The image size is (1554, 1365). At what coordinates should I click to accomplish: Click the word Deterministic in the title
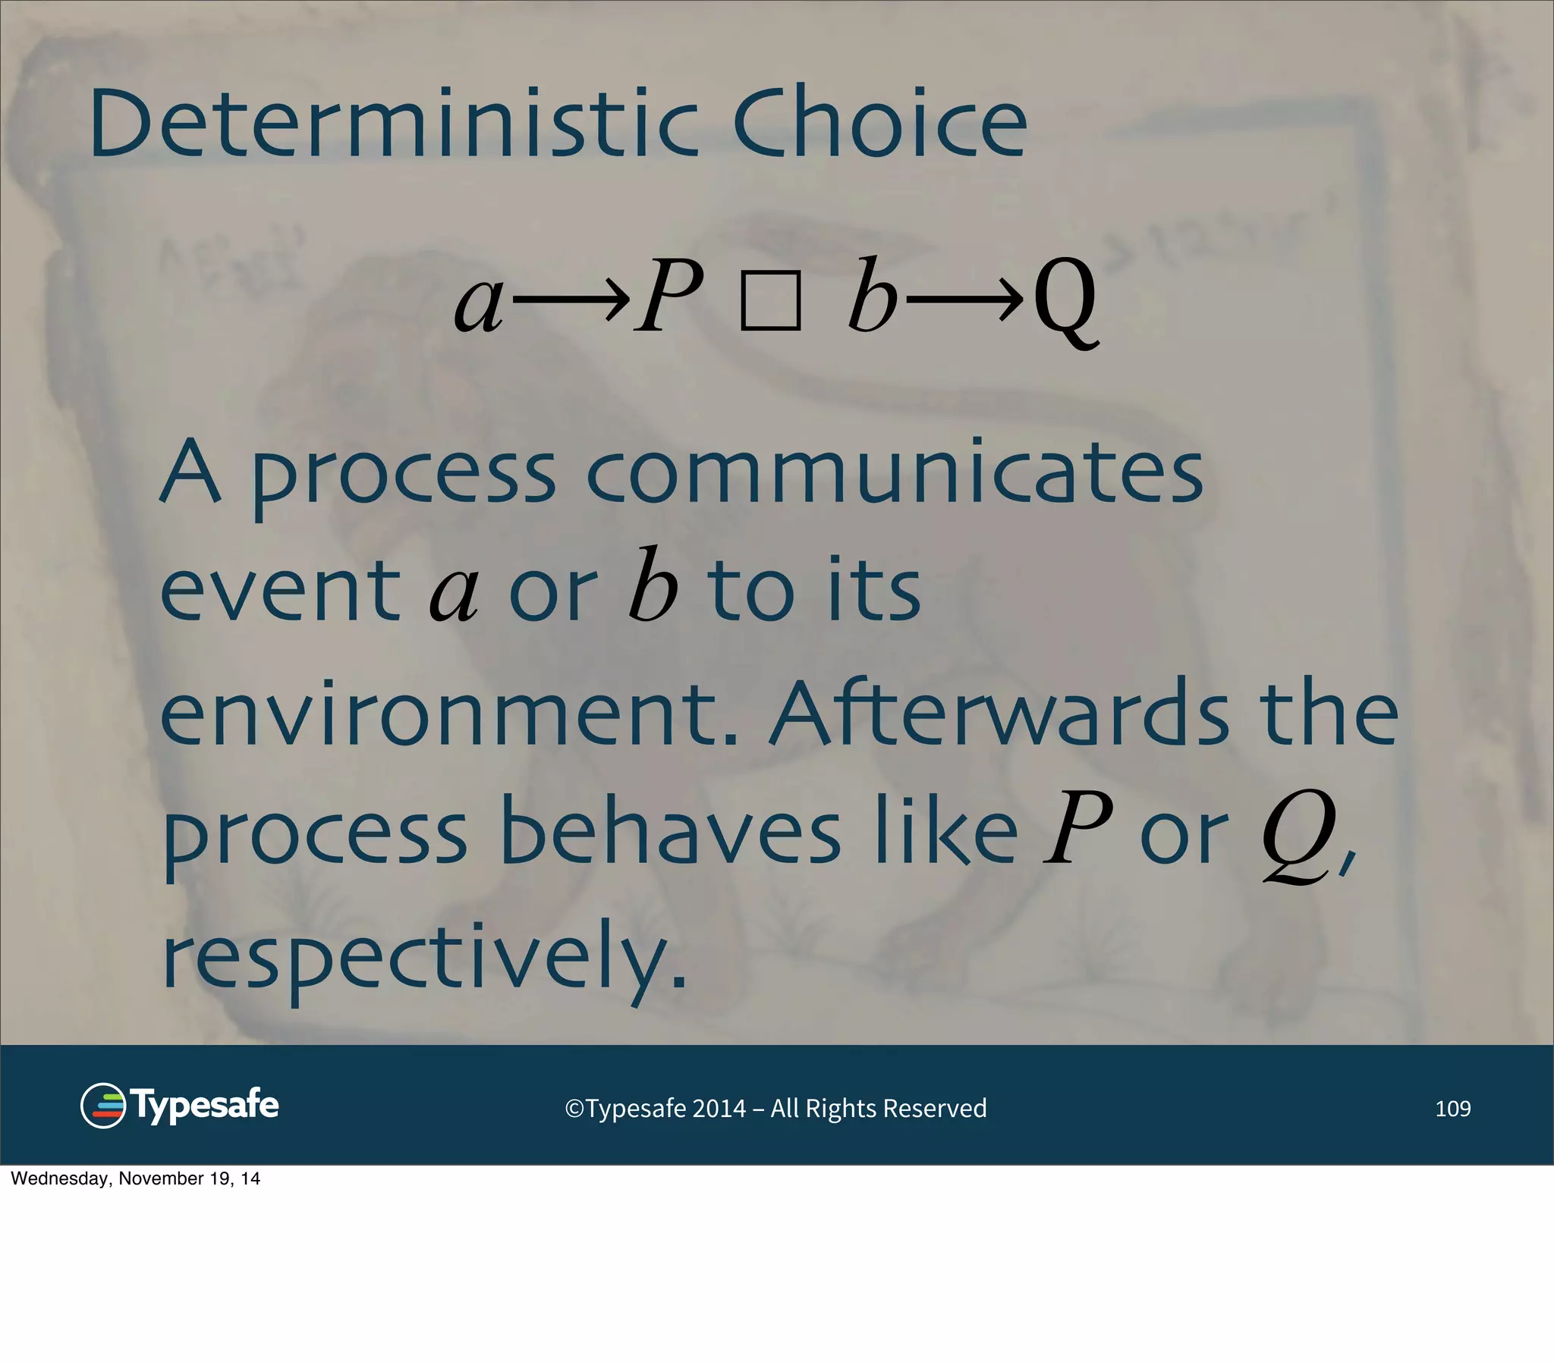393,123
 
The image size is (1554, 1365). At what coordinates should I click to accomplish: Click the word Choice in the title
879,123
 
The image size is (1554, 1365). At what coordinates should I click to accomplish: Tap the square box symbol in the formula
770,302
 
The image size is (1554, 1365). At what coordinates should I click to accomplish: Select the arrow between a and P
571,300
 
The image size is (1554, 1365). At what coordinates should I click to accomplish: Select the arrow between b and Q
964,300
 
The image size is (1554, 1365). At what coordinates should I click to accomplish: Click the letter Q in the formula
1065,301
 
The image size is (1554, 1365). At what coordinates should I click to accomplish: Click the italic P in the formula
668,297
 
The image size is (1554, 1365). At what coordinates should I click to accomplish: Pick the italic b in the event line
653,585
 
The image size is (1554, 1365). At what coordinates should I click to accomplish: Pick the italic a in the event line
454,593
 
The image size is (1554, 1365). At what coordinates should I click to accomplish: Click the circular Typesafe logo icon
102,1106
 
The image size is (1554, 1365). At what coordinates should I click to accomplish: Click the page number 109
1452,1109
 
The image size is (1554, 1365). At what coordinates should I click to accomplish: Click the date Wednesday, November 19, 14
135,1178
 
